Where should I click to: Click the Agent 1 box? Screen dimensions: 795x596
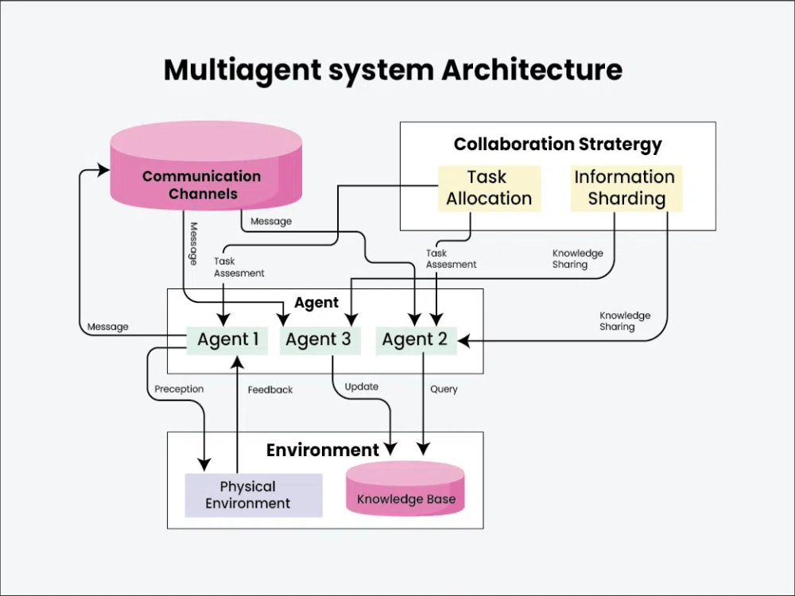click(x=227, y=340)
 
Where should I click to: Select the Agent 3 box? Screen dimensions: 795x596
click(x=320, y=340)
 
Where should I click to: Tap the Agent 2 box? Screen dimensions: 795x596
click(x=416, y=340)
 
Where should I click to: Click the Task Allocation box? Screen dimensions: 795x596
click(x=489, y=188)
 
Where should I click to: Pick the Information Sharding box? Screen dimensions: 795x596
click(x=626, y=188)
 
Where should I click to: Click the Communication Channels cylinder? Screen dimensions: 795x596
click(x=206, y=166)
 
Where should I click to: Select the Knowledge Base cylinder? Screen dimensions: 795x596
click(x=405, y=489)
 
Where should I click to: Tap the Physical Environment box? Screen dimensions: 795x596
click(x=254, y=495)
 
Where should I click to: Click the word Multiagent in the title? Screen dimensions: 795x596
click(x=242, y=71)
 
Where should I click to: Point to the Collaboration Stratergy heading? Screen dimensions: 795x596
click(x=558, y=145)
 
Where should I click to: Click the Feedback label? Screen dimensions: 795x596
click(x=270, y=389)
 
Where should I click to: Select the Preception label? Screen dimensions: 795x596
click(x=179, y=389)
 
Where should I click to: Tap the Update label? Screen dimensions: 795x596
click(x=362, y=387)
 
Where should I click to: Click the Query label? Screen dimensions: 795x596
click(x=444, y=389)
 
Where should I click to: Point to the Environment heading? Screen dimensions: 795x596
click(x=323, y=450)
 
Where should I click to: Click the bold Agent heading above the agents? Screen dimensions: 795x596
click(x=316, y=303)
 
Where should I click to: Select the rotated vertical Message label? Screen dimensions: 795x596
click(x=193, y=244)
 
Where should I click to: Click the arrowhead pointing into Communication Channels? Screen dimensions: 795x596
click(x=104, y=170)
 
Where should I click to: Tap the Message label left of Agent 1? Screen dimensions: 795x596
click(x=107, y=327)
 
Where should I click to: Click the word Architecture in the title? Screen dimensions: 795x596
click(x=532, y=69)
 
